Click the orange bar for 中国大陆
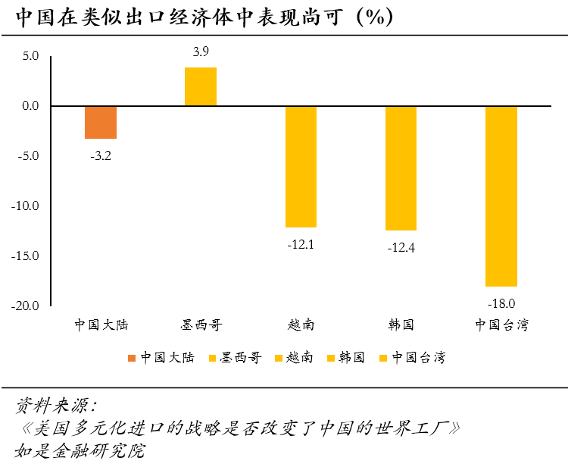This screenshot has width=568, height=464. coord(101,122)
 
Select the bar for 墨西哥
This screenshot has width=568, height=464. coord(201,86)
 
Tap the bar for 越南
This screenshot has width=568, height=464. coord(301,167)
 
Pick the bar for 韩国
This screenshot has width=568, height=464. coord(401,168)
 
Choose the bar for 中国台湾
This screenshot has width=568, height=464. coord(501,196)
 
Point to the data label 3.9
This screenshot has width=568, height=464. coord(201,52)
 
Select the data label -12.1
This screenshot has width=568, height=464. coord(301,244)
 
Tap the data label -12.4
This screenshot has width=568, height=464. coord(401,247)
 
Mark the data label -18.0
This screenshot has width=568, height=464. coord(501,303)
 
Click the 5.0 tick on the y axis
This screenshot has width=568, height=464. coord(30,56)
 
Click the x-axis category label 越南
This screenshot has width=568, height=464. coord(301,325)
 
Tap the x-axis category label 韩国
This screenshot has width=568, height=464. coord(401,325)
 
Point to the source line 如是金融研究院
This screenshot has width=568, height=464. coord(80,450)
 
